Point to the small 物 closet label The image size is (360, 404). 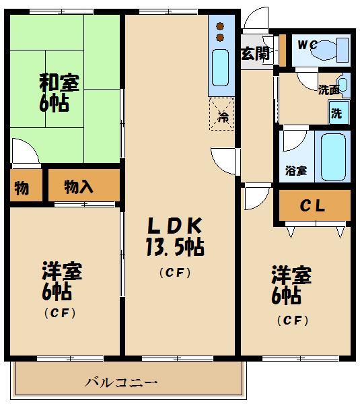22,188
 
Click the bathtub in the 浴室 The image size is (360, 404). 332,156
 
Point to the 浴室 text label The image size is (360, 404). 297,170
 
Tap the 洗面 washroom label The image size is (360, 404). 328,90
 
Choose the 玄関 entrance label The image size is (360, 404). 256,53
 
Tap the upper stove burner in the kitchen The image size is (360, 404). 220,26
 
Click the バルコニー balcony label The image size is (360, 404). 122,382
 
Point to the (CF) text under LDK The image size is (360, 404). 176,273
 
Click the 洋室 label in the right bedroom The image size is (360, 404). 291,275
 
